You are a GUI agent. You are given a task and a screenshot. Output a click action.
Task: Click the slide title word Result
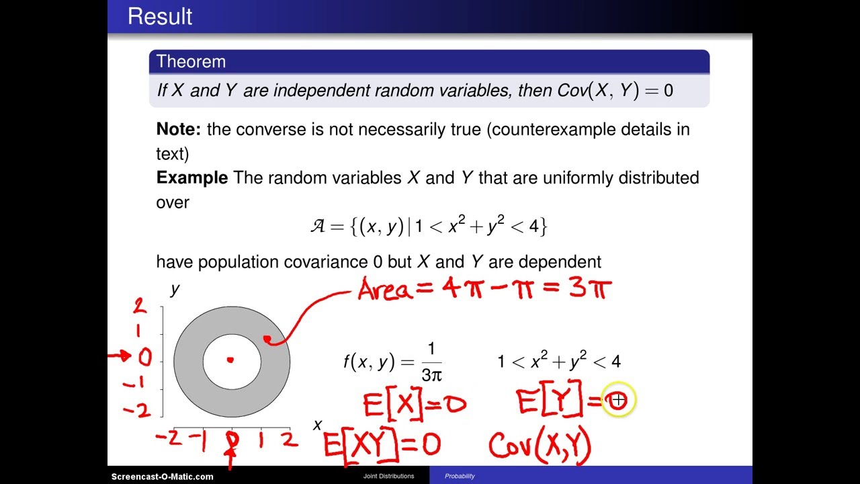[160, 16]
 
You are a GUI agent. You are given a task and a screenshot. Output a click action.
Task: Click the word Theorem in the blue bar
[191, 62]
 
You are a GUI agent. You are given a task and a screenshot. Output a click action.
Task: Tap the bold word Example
[192, 178]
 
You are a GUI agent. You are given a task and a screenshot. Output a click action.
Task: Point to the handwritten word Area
[392, 290]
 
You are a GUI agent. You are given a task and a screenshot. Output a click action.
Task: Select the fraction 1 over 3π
[431, 362]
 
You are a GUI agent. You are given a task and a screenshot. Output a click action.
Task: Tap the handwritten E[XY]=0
[382, 446]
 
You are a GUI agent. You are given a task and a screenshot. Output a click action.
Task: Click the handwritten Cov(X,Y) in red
[540, 446]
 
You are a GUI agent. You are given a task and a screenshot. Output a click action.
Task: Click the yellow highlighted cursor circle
[617, 401]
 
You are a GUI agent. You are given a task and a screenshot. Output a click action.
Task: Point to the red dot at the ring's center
[230, 360]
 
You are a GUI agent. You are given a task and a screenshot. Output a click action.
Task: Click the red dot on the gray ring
[267, 339]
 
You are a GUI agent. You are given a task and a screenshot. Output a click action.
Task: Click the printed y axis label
[175, 289]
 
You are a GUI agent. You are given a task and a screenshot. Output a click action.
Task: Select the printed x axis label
[318, 425]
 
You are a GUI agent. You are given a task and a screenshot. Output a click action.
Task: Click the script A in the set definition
[318, 227]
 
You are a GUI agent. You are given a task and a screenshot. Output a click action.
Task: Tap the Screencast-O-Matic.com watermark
[162, 477]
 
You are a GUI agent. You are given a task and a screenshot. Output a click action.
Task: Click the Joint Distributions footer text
[388, 477]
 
